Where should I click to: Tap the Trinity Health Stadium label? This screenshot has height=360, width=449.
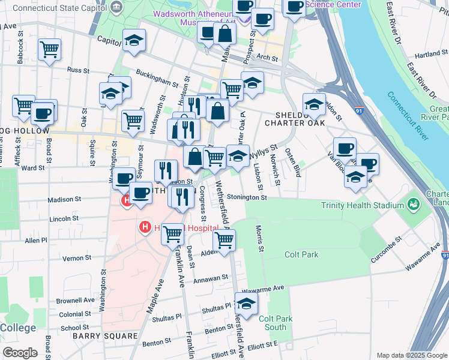(x=363, y=205)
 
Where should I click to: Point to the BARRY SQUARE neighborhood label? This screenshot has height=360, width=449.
(x=105, y=336)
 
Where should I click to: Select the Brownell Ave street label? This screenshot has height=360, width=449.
(x=75, y=299)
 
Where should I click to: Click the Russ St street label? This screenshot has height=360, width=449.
(x=78, y=70)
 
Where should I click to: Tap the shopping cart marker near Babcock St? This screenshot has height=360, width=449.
(x=49, y=49)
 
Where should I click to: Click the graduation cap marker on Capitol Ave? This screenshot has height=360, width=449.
(x=134, y=40)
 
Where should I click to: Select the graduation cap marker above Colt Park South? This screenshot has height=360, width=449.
(x=246, y=303)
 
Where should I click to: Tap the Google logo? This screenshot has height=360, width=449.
(x=20, y=353)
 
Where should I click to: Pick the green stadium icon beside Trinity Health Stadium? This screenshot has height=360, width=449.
(x=413, y=205)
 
